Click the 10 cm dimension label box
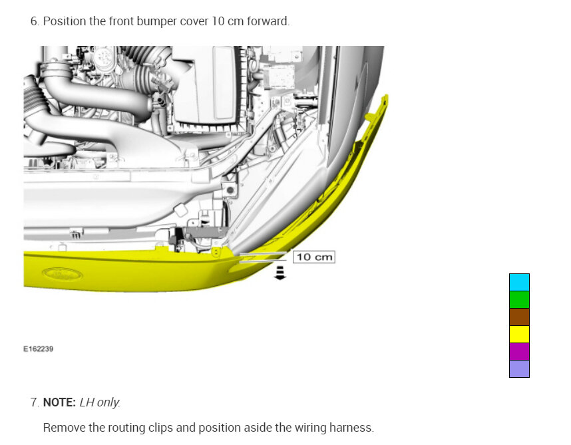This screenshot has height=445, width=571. (314, 257)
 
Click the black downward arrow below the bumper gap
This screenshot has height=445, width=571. (280, 273)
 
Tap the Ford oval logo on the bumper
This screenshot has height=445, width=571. (63, 274)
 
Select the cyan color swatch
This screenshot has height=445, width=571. (519, 282)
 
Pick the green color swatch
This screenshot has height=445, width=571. (519, 300)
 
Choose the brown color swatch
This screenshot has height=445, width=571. (519, 317)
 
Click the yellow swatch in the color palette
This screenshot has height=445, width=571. (519, 335)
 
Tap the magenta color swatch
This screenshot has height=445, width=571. (519, 351)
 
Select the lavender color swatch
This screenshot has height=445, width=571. (519, 369)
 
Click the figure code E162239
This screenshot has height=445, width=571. (38, 349)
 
